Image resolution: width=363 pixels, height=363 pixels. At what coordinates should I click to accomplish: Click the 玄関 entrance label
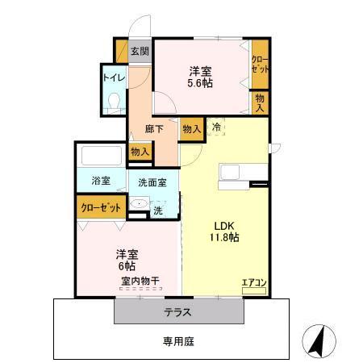pos(140,51)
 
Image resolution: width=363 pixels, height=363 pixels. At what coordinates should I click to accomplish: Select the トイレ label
pos(111,78)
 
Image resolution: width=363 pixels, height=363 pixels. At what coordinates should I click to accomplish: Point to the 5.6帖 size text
pos(200,82)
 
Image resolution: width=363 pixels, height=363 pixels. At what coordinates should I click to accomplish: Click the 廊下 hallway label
pos(154,127)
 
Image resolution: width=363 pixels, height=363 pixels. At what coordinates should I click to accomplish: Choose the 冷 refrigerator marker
pos(215,127)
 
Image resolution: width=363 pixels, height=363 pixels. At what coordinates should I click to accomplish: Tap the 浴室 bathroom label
pos(101,181)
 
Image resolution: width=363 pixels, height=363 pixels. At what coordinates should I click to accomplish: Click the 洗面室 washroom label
pos(152,182)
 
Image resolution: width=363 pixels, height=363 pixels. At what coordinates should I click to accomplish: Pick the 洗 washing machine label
pos(158,211)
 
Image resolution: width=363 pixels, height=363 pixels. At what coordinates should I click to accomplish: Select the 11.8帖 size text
pos(226,237)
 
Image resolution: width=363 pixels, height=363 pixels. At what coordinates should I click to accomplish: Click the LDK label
pos(225,225)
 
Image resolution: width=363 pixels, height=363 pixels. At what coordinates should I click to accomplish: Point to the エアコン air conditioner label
pos(253,282)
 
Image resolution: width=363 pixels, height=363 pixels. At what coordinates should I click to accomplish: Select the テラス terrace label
pos(178,311)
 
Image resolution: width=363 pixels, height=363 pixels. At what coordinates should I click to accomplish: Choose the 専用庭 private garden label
pos(178,340)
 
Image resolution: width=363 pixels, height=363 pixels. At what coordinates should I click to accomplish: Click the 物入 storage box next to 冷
pos(191,128)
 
